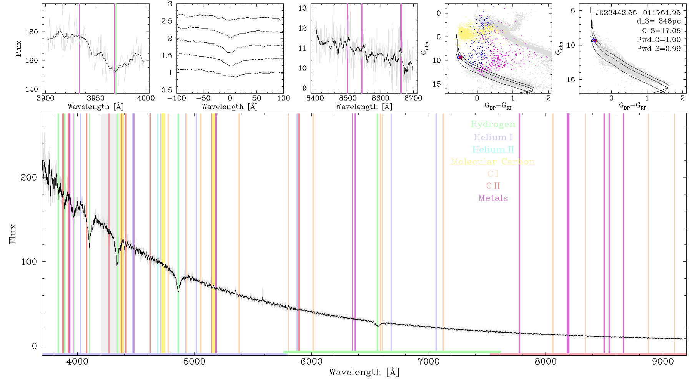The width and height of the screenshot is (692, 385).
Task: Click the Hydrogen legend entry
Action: click(492, 124)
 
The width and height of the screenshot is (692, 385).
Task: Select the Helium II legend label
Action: click(493, 149)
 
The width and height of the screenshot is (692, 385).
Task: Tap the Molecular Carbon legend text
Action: click(493, 162)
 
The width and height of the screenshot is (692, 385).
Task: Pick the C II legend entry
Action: click(493, 186)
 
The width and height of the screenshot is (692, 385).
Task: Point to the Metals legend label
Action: click(493, 198)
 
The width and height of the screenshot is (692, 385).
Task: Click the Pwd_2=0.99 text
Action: click(659, 49)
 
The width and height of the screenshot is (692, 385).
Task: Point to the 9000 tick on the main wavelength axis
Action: click(663, 362)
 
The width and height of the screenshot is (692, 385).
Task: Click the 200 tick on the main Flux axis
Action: click(29, 177)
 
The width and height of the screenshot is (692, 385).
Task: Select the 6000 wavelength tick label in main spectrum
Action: click(311, 362)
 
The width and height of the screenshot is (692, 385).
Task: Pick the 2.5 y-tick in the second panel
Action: click(167, 21)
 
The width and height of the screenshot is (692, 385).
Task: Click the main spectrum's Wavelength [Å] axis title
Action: click(364, 372)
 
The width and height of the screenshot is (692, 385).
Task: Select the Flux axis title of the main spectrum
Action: click(13, 234)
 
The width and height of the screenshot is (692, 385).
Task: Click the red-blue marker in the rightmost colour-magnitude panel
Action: click(594, 40)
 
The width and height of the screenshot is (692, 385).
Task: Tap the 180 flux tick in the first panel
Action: click(32, 32)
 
